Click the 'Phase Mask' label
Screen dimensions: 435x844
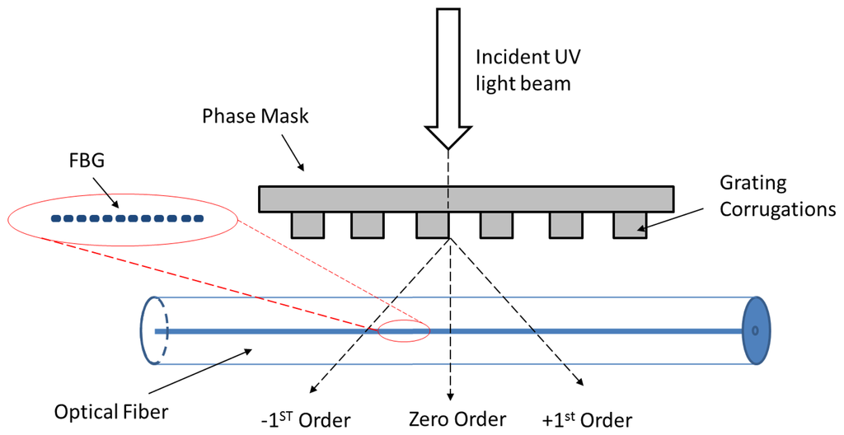coord(256,116)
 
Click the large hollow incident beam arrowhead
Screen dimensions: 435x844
coord(448,136)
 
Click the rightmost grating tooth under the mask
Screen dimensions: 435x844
coord(630,225)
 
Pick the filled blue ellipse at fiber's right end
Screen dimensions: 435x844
coord(754,330)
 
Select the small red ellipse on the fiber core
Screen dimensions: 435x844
coord(404,330)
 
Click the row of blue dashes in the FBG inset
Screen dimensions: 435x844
coord(127,219)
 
